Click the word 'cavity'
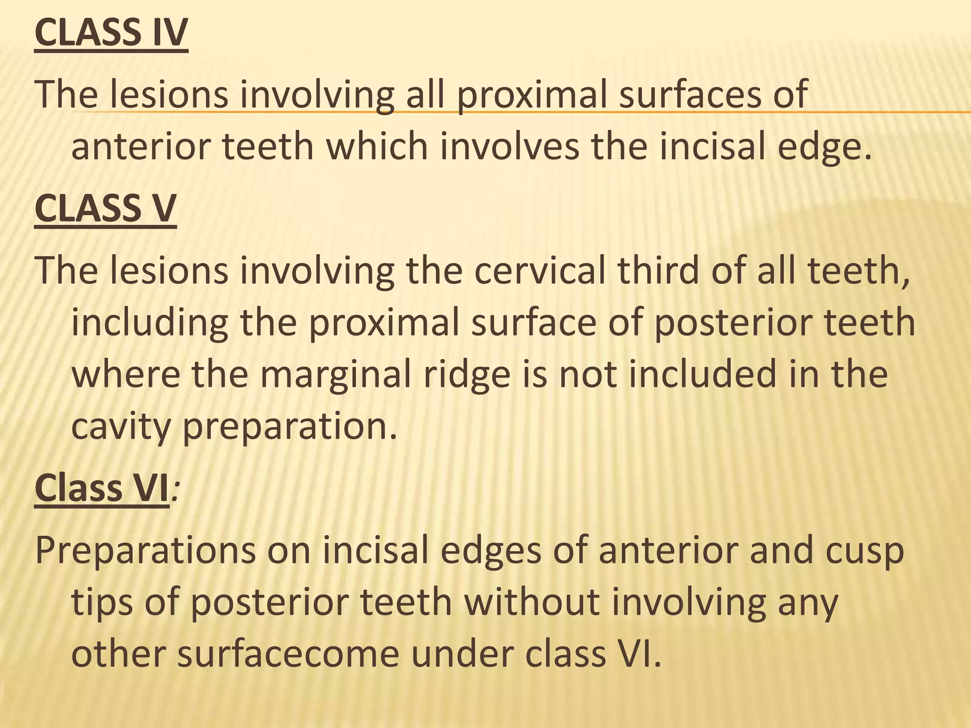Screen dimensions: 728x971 pyautogui.click(x=120, y=427)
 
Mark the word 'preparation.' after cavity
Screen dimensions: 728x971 pyautogui.click(x=289, y=427)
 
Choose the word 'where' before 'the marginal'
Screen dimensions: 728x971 pyautogui.click(x=126, y=374)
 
